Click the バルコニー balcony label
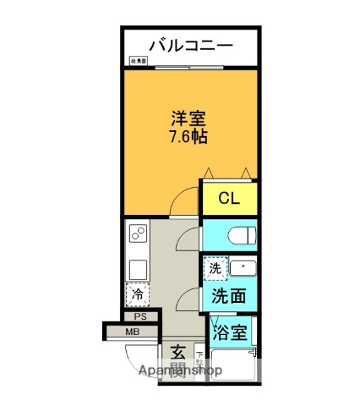pyautogui.click(x=190, y=45)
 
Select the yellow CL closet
pyautogui.click(x=229, y=200)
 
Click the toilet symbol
pyautogui.click(x=240, y=233)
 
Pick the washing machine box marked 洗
pyautogui.click(x=215, y=267)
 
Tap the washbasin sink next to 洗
pyautogui.click(x=243, y=268)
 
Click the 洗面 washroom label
pyautogui.click(x=229, y=296)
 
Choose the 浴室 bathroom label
pyautogui.click(x=230, y=332)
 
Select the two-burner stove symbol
pyautogui.click(x=137, y=234)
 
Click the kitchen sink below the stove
pyautogui.click(x=137, y=268)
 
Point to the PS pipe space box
pyautogui.click(x=141, y=316)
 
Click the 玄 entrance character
pyautogui.click(x=178, y=350)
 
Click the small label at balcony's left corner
pyautogui.click(x=138, y=61)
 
